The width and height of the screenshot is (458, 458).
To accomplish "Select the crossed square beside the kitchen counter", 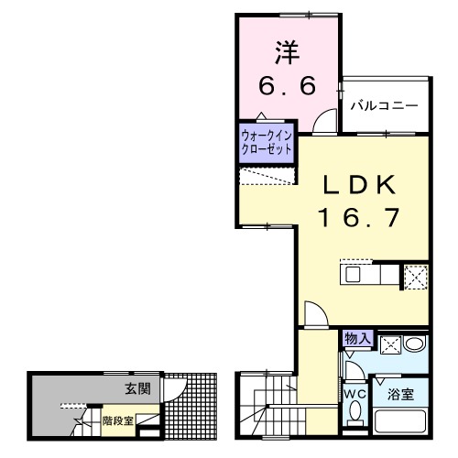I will (x=416, y=275).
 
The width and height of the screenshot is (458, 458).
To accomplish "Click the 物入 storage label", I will (x=357, y=339).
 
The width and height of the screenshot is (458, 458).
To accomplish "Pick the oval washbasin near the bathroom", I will (x=415, y=343).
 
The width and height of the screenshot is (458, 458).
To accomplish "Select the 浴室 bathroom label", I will (x=400, y=395).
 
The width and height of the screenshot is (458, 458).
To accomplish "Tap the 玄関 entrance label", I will (x=138, y=388).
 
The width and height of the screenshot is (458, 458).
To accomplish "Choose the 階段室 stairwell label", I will (x=117, y=421).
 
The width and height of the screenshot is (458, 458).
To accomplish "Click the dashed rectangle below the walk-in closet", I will (x=267, y=177).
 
